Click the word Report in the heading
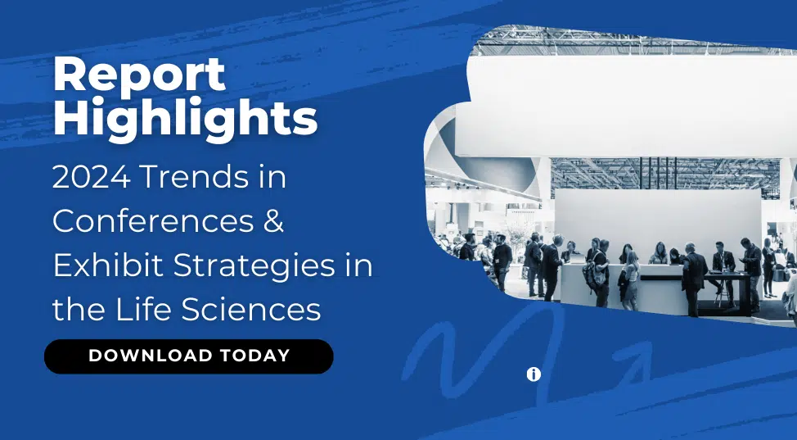tap(139, 75)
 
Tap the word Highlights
tap(185, 119)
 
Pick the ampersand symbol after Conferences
tap(273, 221)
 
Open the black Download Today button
tap(188, 356)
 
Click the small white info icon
tap(534, 374)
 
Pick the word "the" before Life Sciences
tap(79, 310)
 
